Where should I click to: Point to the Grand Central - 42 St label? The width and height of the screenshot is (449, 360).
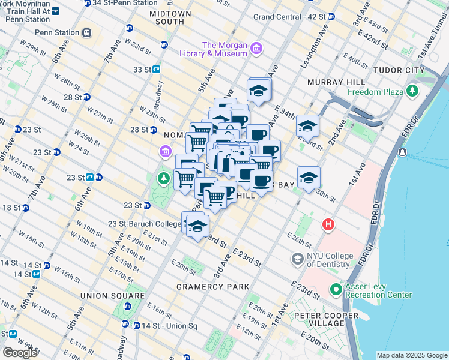click(290, 17)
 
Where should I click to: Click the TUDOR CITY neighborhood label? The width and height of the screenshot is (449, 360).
click(399, 70)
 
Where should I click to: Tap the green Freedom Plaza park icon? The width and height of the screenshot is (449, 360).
click(412, 92)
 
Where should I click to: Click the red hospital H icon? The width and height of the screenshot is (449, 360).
click(328, 225)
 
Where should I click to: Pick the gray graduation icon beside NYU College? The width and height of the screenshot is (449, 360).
click(297, 259)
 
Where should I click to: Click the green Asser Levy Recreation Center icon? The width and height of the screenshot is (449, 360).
click(336, 290)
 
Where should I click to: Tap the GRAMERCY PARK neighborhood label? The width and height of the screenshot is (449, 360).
click(212, 287)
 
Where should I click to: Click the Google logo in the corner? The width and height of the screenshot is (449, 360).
click(20, 352)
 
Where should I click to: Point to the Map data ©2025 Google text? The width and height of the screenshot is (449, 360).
click(411, 355)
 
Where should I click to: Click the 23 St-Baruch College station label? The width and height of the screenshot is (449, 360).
click(144, 224)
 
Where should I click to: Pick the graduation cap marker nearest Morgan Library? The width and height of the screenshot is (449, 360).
click(259, 91)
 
